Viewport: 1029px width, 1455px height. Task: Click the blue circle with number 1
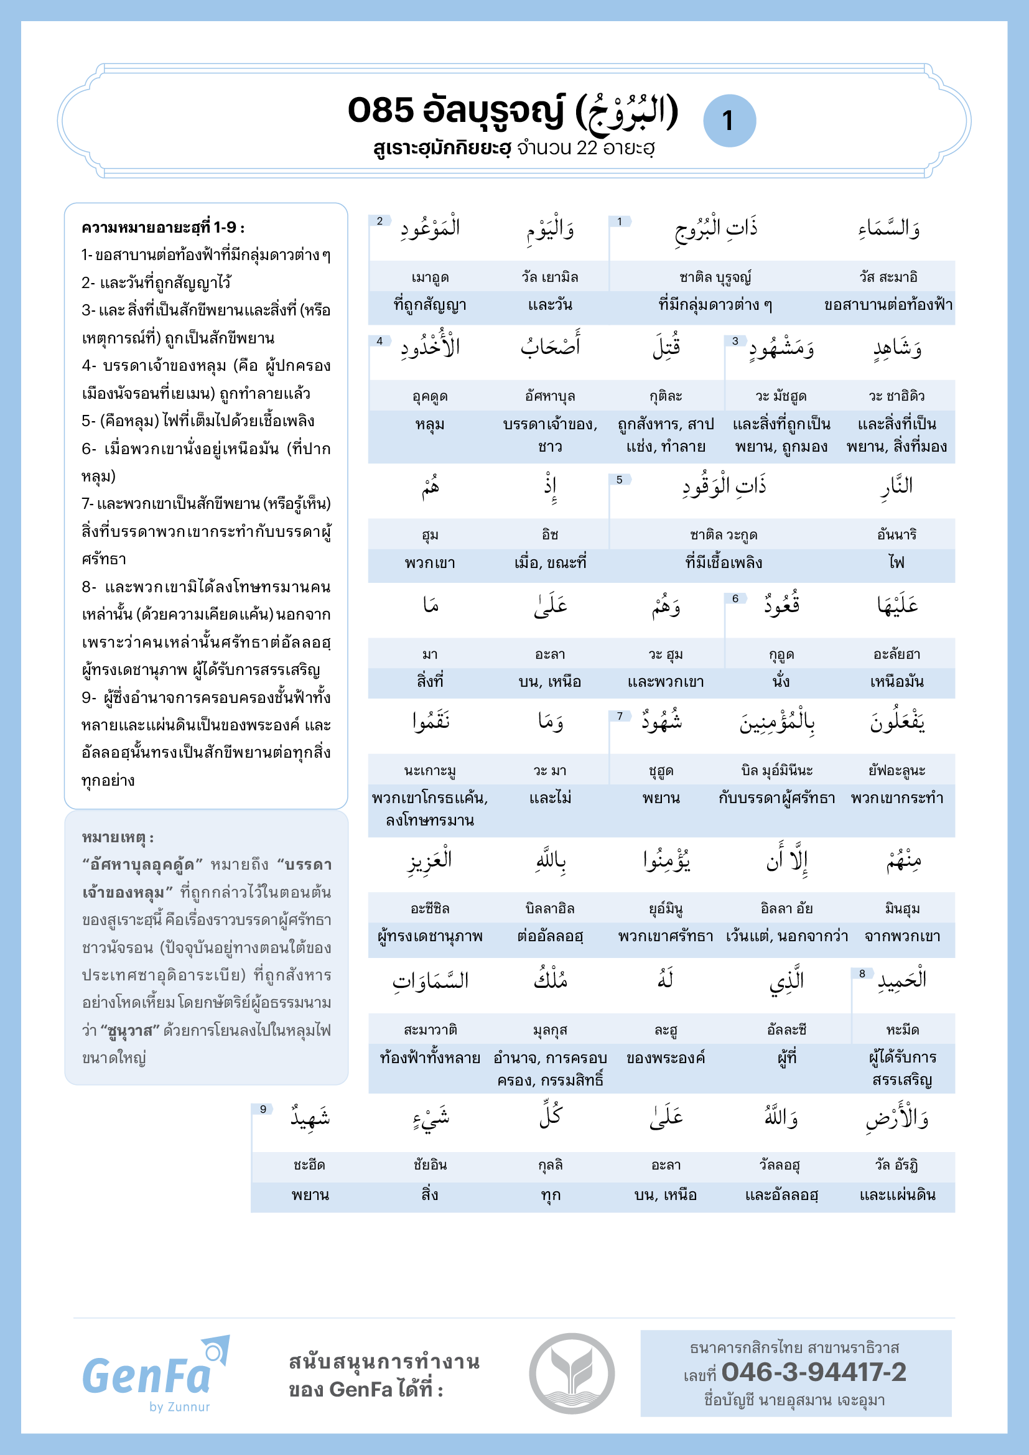[729, 121]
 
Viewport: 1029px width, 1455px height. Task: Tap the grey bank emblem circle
[572, 1374]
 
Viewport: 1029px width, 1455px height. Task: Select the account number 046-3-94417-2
[814, 1373]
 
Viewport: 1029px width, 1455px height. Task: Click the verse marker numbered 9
[263, 1109]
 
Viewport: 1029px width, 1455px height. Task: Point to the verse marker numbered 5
[619, 480]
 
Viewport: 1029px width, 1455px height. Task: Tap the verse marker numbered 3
[735, 341]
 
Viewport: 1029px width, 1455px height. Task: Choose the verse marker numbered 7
[619, 716]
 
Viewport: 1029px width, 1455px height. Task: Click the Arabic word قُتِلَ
[666, 347]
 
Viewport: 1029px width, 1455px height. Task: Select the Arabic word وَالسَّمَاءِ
[889, 228]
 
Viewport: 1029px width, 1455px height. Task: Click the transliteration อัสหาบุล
[550, 397]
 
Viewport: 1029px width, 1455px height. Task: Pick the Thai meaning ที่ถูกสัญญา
[430, 305]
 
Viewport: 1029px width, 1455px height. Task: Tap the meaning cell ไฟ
[896, 563]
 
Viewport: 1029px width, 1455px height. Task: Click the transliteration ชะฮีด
[309, 1164]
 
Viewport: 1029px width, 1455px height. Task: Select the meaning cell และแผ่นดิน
[897, 1195]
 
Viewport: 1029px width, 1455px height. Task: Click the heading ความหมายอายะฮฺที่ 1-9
[163, 228]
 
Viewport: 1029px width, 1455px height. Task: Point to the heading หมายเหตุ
[118, 837]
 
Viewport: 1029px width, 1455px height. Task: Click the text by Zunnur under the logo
[179, 1406]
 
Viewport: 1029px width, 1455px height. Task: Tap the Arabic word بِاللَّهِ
[550, 860]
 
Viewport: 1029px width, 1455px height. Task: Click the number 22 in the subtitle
[587, 148]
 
